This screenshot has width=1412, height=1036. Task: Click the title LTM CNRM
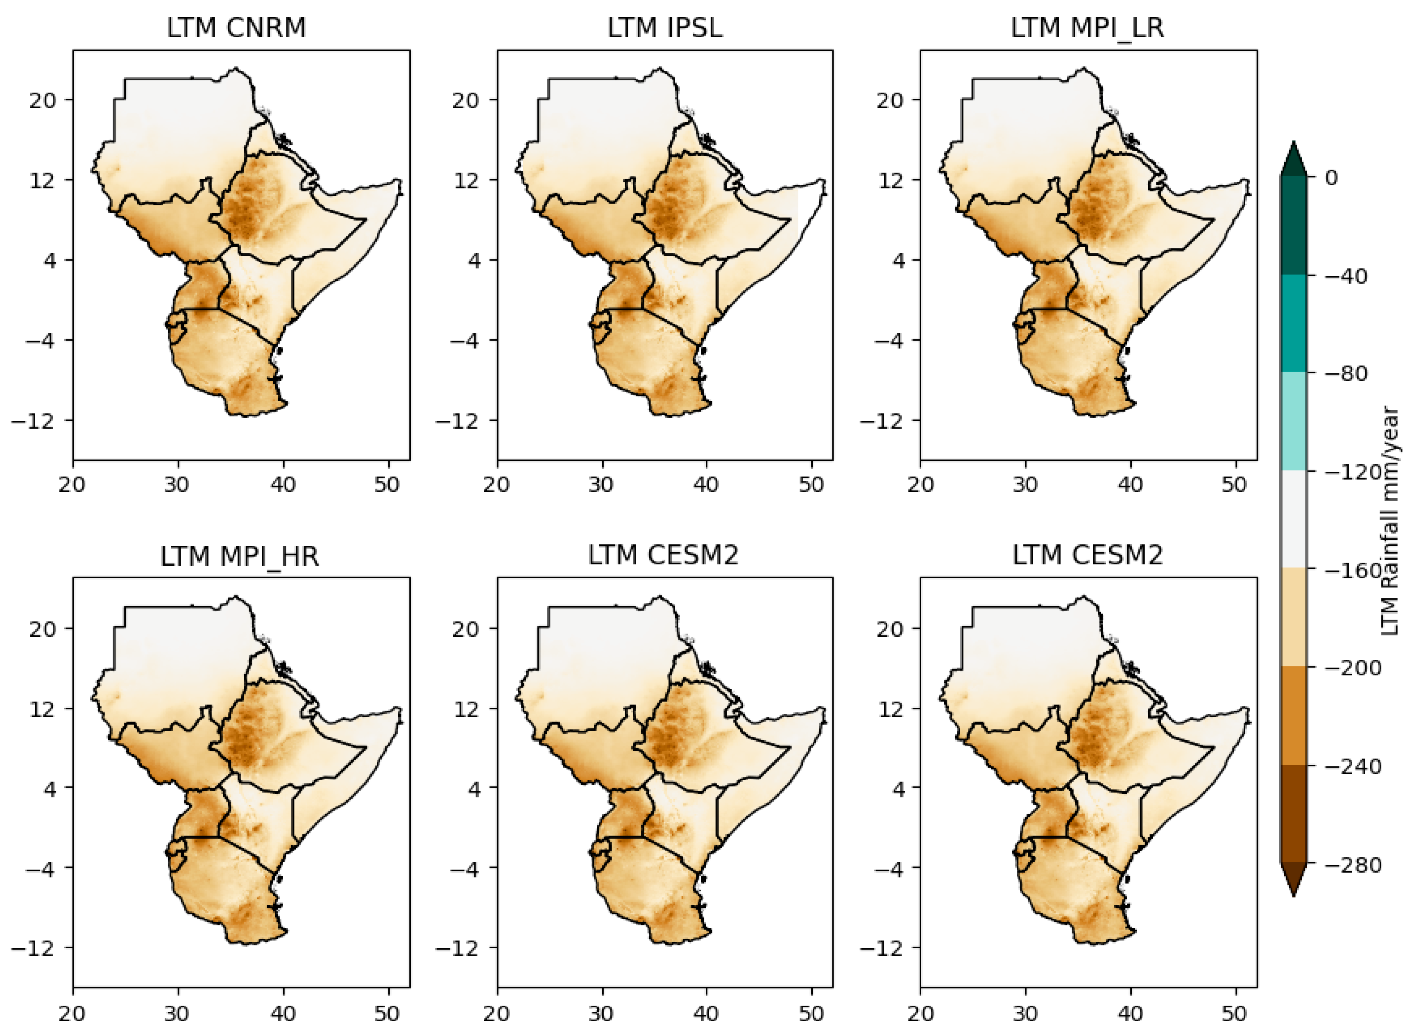click(x=236, y=29)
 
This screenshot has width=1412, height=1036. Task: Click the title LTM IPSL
click(x=664, y=29)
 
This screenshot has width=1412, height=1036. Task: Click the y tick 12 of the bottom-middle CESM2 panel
click(x=466, y=709)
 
